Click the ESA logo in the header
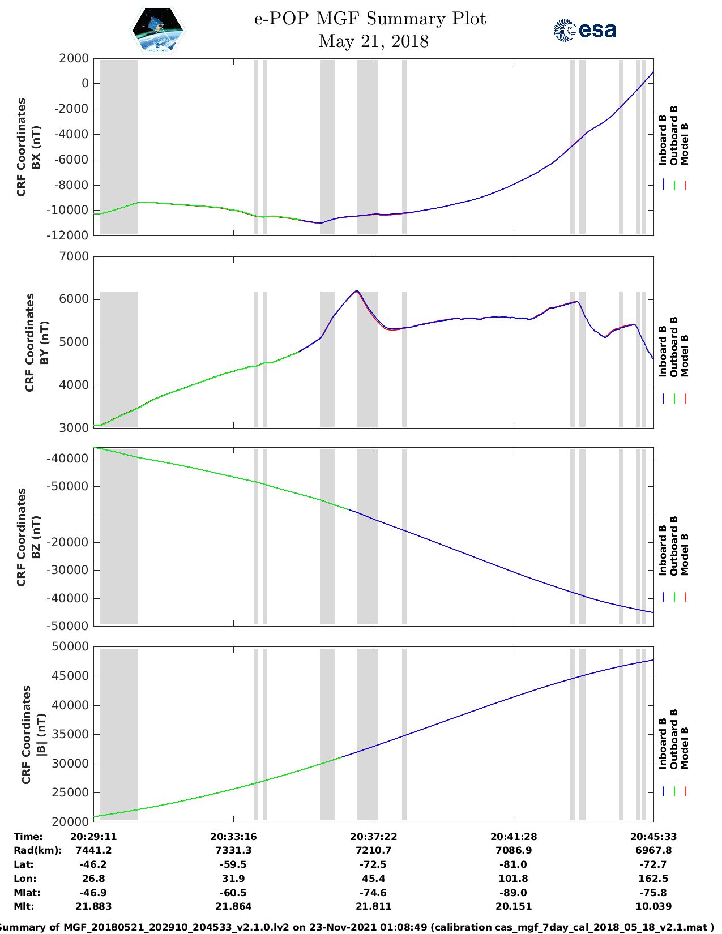pyautogui.click(x=584, y=30)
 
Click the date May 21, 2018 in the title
pyautogui.click(x=373, y=41)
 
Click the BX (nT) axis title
pyautogui.click(x=36, y=147)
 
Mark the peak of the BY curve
pyautogui.click(x=357, y=291)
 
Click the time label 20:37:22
pyautogui.click(x=373, y=837)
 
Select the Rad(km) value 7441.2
pyautogui.click(x=93, y=850)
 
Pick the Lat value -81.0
pyautogui.click(x=514, y=864)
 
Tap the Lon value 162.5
pyautogui.click(x=653, y=879)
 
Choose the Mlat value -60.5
pyautogui.click(x=233, y=893)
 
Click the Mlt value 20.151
pyautogui.click(x=514, y=906)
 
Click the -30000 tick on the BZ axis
pyautogui.click(x=74, y=570)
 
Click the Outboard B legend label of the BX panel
pyautogui.click(x=674, y=136)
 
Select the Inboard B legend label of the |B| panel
pyautogui.click(x=663, y=743)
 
